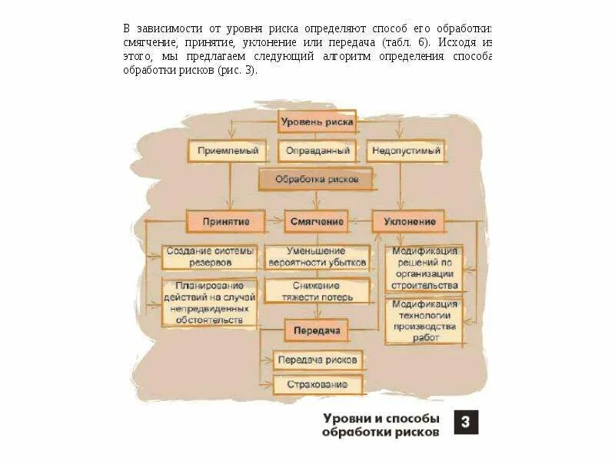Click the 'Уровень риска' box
click(x=317, y=121)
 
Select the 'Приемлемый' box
click(x=227, y=151)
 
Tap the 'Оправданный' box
click(x=317, y=151)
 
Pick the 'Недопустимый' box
click(x=406, y=151)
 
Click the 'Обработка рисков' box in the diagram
click(x=317, y=180)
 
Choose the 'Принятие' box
click(x=226, y=221)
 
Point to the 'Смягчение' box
click(x=317, y=221)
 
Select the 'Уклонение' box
click(x=409, y=221)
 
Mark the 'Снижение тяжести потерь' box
click(x=316, y=290)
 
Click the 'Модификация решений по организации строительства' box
click(x=425, y=268)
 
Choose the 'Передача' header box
click(x=317, y=331)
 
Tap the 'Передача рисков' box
click(x=317, y=359)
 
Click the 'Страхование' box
click(x=317, y=383)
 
